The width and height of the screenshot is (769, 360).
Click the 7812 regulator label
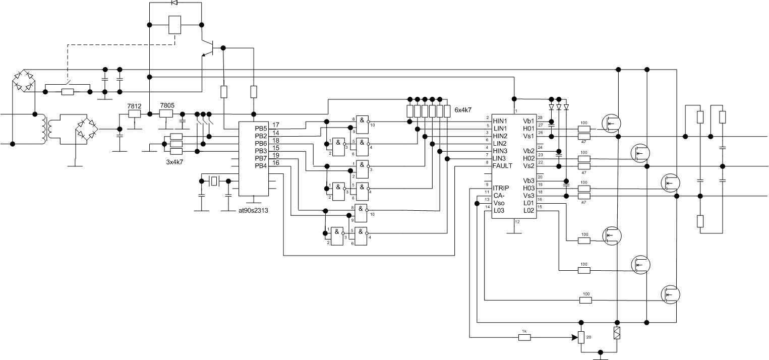pos(134,106)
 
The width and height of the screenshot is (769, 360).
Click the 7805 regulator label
pos(167,105)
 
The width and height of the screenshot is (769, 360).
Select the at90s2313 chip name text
pos(253,210)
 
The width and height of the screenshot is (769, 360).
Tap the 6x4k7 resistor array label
pos(463,109)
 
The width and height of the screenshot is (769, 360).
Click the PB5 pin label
pos(261,128)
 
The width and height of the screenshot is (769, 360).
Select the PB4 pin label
pos(261,166)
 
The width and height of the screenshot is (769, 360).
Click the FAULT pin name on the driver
pos(502,166)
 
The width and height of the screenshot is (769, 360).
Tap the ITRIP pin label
pos(501,188)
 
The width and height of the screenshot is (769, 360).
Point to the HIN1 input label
pos(500,121)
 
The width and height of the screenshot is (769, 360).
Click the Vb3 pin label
pos(528,181)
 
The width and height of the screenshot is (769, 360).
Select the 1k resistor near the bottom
pos(524,337)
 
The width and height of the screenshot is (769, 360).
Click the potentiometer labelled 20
pos(581,337)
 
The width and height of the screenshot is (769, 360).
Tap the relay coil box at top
pos(174,25)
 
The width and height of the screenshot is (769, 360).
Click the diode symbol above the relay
pos(174,3)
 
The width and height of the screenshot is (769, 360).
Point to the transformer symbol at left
pos(44,130)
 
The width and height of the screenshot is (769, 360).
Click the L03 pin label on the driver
pos(499,210)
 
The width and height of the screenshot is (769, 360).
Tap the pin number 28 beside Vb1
pos(540,117)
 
